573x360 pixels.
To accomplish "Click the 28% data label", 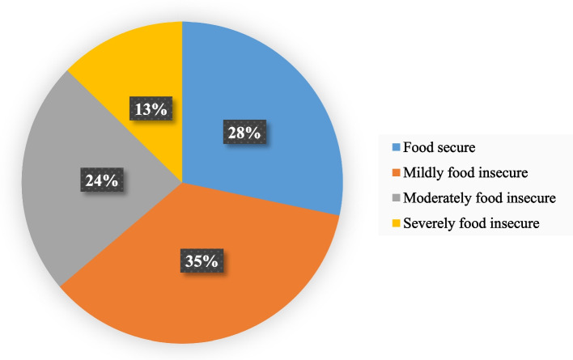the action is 244,132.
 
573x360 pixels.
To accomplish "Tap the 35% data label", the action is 202,260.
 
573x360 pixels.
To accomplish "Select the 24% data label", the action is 102,180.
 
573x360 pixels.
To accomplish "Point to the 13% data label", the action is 151,108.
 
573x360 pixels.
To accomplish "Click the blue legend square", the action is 396,147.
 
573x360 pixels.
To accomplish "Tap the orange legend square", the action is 396,172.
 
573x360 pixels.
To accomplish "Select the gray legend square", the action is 396,198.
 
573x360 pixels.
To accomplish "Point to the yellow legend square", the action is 396,223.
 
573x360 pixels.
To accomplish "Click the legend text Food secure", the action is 439,147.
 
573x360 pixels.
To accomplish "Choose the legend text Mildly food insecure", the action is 465,172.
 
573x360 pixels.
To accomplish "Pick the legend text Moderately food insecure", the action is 479,198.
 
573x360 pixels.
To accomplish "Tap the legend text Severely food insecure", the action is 471,223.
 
